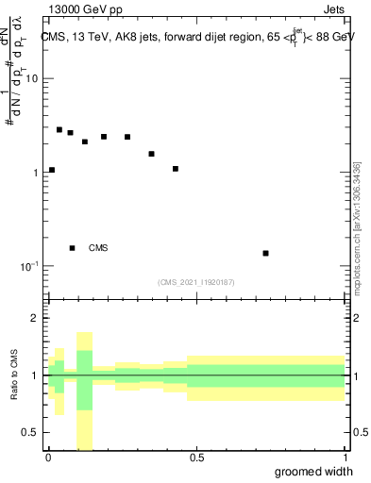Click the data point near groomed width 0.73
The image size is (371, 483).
pyautogui.click(x=266, y=253)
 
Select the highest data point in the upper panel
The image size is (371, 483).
pyautogui.click(x=59, y=130)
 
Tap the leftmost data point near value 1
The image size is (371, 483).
pyautogui.click(x=52, y=170)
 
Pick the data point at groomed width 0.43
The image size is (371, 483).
pyautogui.click(x=176, y=169)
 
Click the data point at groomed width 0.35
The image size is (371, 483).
pyautogui.click(x=151, y=154)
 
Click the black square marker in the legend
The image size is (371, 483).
pyautogui.click(x=73, y=248)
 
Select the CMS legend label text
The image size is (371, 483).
pyautogui.click(x=98, y=248)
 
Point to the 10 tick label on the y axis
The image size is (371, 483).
pyautogui.click(x=31, y=79)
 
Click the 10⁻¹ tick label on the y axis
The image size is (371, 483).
pyautogui.click(x=29, y=267)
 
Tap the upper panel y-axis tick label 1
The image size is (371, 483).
pyautogui.click(x=35, y=174)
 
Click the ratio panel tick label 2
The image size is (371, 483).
pyautogui.click(x=35, y=319)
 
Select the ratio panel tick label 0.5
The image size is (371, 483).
pyautogui.click(x=29, y=432)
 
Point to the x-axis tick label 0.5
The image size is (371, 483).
pyautogui.click(x=196, y=458)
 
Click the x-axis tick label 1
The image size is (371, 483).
pyautogui.click(x=345, y=458)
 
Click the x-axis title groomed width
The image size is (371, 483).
pyautogui.click(x=314, y=472)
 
